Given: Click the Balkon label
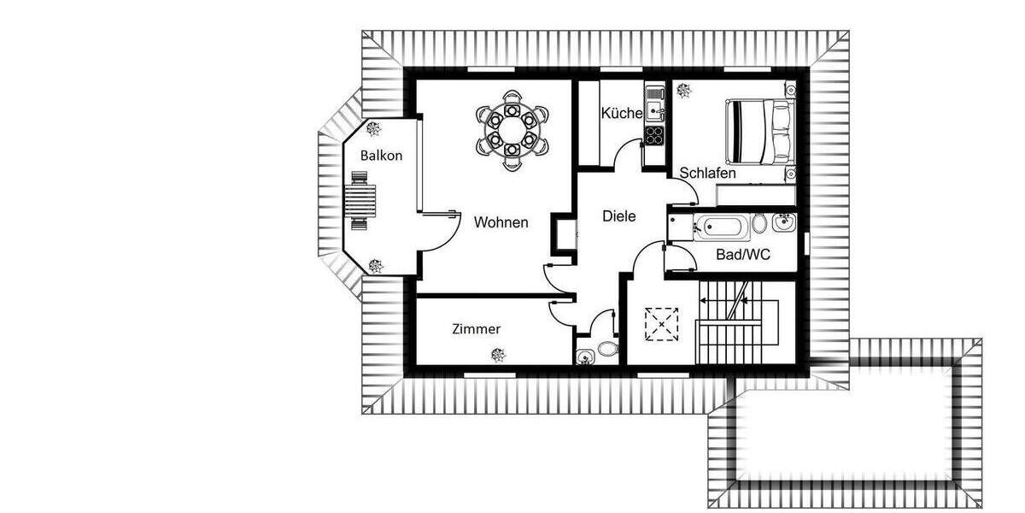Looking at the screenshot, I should click(381, 156).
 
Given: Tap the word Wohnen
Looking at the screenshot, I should click(501, 222).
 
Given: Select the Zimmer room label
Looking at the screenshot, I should click(477, 329).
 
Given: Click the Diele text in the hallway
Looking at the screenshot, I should click(618, 216).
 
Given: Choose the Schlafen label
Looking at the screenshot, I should click(707, 174).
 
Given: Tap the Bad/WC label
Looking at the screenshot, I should click(742, 255).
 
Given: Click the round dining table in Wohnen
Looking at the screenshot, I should click(511, 131).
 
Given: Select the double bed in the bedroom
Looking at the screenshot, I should click(760, 132).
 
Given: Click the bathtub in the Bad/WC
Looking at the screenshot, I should click(723, 227).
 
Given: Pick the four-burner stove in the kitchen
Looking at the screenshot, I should click(654, 134).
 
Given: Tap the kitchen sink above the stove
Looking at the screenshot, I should click(654, 108).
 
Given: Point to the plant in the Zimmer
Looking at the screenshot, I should click(498, 355).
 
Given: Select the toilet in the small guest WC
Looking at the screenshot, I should click(606, 349).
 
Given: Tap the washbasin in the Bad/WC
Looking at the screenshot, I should click(784, 224).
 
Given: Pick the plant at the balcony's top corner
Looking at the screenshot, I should click(374, 129).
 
